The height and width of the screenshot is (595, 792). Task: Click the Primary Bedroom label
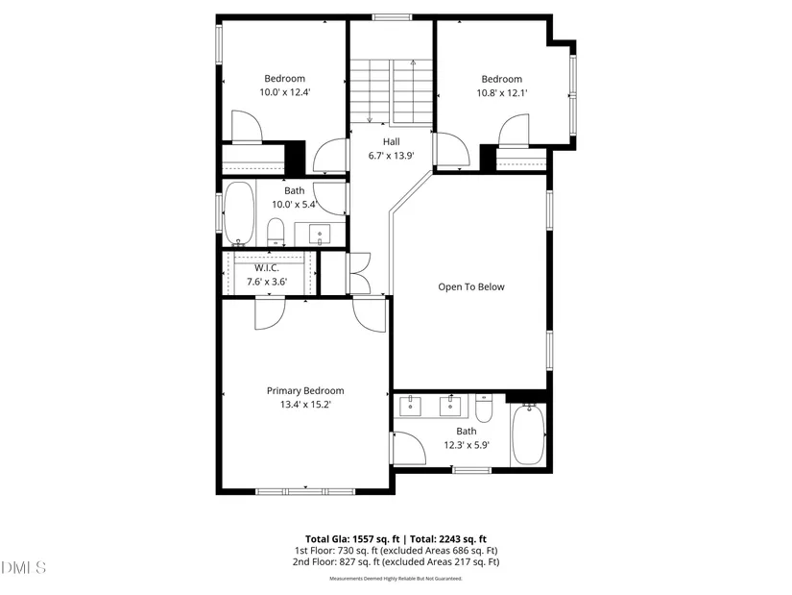305,390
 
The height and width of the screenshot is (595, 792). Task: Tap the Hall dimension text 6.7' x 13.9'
392,156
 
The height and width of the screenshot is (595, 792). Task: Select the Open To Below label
471,286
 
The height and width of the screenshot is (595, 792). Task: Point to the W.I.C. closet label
266,268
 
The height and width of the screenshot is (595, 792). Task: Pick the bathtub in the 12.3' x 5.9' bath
528,434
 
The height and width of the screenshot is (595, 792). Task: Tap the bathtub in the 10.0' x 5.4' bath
239,213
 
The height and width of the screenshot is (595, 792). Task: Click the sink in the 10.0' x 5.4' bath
320,235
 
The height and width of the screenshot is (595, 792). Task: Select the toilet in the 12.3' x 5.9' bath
484,409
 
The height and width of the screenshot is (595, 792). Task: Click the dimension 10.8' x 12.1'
502,93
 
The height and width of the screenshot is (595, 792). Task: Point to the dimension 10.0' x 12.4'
285,92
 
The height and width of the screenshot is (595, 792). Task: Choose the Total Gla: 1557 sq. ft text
352,539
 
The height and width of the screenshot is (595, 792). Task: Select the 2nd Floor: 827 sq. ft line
396,561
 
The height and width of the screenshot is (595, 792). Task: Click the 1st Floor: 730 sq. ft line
396,551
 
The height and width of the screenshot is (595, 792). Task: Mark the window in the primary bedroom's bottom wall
305,491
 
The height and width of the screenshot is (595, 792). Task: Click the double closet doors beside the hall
360,273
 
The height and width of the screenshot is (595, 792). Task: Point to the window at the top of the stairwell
392,17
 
